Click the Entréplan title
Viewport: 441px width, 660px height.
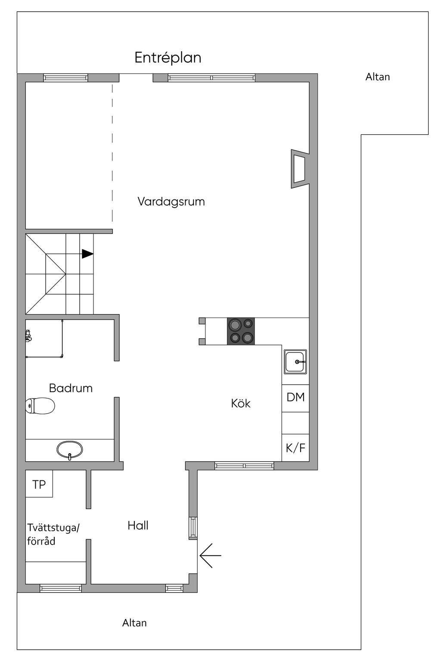pyautogui.click(x=168, y=58)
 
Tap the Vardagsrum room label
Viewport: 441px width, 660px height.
pyautogui.click(x=171, y=201)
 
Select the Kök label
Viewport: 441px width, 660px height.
pyautogui.click(x=240, y=403)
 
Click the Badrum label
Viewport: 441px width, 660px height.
pyautogui.click(x=71, y=388)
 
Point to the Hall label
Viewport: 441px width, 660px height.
pyautogui.click(x=138, y=525)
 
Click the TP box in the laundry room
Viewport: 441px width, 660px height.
pyautogui.click(x=39, y=484)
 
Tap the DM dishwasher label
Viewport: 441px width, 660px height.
pyautogui.click(x=295, y=397)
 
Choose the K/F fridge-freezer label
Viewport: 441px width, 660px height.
pyautogui.click(x=295, y=448)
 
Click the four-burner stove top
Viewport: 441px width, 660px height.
pyautogui.click(x=241, y=331)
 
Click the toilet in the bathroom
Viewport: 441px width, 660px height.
pyautogui.click(x=40, y=406)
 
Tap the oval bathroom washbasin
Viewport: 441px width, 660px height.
pyautogui.click(x=70, y=449)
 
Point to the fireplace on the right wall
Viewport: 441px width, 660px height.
pyautogui.click(x=299, y=169)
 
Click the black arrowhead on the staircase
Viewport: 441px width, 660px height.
pyautogui.click(x=87, y=254)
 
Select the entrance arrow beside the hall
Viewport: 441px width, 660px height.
pyautogui.click(x=210, y=555)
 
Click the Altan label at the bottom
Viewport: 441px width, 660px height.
pyautogui.click(x=134, y=623)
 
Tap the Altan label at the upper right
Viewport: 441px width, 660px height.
pyautogui.click(x=378, y=77)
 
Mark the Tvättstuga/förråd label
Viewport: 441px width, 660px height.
pyautogui.click(x=53, y=534)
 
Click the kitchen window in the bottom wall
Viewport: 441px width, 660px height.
pyautogui.click(x=244, y=465)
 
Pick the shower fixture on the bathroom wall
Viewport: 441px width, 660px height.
pyautogui.click(x=28, y=336)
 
